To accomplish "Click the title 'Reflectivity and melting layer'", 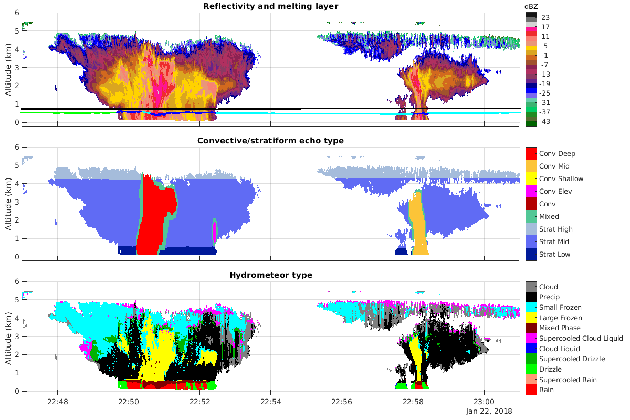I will (270, 6).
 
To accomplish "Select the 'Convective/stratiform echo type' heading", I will (270, 140).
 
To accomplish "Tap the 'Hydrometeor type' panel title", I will (270, 275).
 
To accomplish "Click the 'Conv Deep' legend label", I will (557, 154).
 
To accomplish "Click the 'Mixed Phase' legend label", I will (560, 328).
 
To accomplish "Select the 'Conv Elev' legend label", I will (556, 192).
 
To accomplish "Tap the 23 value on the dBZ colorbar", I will (545, 17).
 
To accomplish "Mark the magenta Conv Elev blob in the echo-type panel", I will (214, 230).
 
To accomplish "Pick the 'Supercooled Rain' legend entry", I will (568, 380).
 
